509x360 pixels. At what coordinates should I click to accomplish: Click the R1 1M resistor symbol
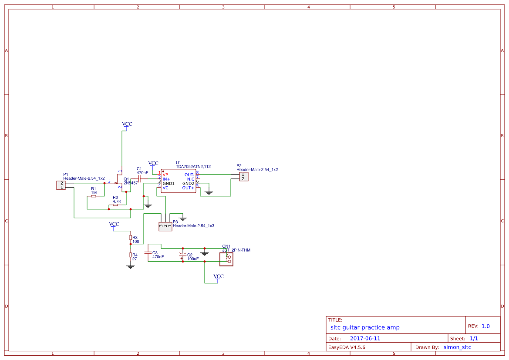[94, 196]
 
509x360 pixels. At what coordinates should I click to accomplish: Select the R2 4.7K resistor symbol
[115, 205]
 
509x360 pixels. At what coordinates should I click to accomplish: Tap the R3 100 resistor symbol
[130, 237]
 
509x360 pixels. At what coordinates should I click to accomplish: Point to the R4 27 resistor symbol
[130, 255]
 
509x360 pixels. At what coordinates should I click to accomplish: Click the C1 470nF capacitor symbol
[139, 179]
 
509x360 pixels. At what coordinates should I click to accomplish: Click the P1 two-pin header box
[61, 185]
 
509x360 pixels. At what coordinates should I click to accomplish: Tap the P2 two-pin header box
[243, 176]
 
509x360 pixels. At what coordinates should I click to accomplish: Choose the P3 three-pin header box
[165, 225]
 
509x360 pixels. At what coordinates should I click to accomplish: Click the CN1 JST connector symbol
[226, 259]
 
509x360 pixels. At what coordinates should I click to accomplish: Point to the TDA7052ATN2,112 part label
[193, 166]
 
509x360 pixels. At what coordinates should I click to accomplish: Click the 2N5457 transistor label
[131, 183]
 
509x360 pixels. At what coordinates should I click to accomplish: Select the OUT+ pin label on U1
[188, 188]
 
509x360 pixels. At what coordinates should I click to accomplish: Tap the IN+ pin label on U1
[166, 179]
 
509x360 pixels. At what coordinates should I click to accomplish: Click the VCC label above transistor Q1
[127, 124]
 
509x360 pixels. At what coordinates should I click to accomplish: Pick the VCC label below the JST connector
[218, 277]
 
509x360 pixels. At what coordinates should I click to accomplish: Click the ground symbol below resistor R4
[130, 266]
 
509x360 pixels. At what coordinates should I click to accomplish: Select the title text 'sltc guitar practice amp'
[365, 327]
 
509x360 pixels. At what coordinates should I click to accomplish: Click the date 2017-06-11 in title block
[365, 338]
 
